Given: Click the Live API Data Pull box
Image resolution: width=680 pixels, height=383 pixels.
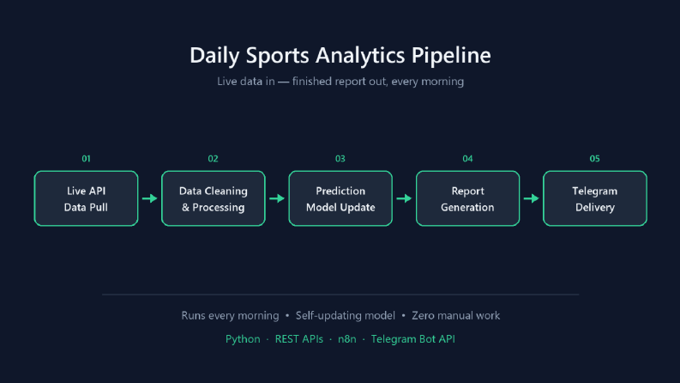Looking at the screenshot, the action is pyautogui.click(x=86, y=198).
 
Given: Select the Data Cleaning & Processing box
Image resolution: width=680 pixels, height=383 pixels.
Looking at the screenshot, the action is pyautogui.click(x=214, y=198).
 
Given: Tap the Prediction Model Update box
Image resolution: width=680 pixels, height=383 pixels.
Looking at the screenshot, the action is pyautogui.click(x=340, y=198).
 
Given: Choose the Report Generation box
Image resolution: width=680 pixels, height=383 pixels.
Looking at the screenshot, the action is pyautogui.click(x=467, y=198).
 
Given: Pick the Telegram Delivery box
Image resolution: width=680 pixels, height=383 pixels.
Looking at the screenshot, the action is pyautogui.click(x=595, y=198).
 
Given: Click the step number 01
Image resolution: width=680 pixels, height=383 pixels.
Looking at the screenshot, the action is pyautogui.click(x=87, y=159).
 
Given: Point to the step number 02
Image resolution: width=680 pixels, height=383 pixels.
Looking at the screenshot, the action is pyautogui.click(x=213, y=159).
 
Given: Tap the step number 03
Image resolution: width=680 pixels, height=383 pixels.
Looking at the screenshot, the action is pyautogui.click(x=340, y=159).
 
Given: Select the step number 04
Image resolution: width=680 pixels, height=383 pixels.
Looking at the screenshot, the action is pyautogui.click(x=467, y=159).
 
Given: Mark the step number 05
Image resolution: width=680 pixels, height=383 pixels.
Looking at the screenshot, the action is pyautogui.click(x=594, y=159).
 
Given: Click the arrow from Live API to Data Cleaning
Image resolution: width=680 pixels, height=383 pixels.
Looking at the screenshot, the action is pyautogui.click(x=149, y=198).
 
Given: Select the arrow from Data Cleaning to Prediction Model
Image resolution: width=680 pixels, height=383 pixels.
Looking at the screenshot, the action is pyautogui.click(x=277, y=198).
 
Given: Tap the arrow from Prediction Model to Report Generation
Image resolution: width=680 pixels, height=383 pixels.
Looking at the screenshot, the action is pyautogui.click(x=404, y=198).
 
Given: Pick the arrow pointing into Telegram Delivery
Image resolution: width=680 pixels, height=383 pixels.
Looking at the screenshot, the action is pyautogui.click(x=532, y=198).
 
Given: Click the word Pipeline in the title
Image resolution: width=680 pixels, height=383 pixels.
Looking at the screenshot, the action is pyautogui.click(x=451, y=56).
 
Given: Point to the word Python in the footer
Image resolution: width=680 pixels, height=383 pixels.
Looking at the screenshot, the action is pyautogui.click(x=243, y=339).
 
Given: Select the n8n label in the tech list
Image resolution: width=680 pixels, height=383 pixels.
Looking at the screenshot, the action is pyautogui.click(x=347, y=339).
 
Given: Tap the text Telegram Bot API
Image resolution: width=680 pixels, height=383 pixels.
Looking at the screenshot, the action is pyautogui.click(x=412, y=339).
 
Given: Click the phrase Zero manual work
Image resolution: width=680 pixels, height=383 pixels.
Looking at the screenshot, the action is pyautogui.click(x=456, y=316).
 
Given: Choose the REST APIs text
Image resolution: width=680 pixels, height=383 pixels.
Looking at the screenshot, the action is pyautogui.click(x=299, y=339).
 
